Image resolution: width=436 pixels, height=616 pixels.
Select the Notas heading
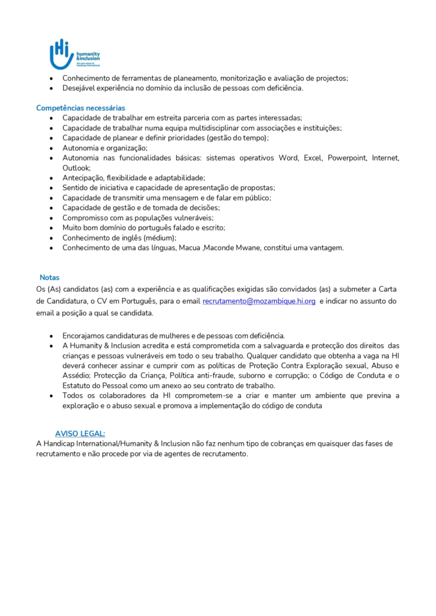pyautogui.click(x=49, y=277)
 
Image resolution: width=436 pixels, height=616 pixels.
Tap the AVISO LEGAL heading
pyautogui.click(x=80, y=433)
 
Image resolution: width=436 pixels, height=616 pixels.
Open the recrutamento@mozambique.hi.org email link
pyautogui.click(x=259, y=301)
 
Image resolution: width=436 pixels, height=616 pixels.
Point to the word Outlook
pyautogui.click(x=76, y=168)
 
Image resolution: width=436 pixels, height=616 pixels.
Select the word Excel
pyautogui.click(x=313, y=158)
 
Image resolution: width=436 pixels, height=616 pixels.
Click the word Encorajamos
pyautogui.click(x=85, y=335)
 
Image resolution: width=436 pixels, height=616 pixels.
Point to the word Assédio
pyautogui.click(x=76, y=375)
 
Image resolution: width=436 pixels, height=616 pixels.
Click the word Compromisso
pyautogui.click(x=86, y=218)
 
